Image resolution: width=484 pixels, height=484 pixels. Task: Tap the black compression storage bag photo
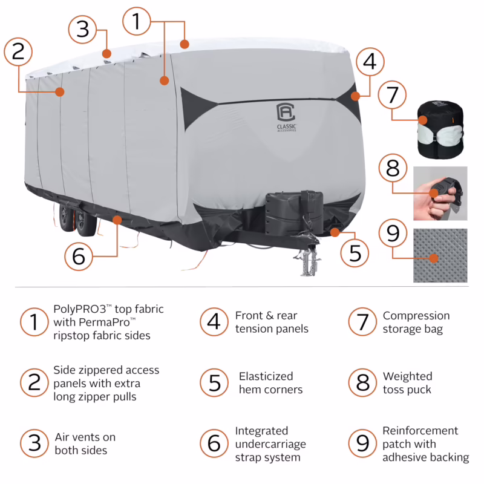pos(440,129)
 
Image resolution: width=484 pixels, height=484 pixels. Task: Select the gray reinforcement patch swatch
pos(440,255)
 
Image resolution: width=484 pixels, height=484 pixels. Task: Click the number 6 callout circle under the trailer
pos(79,257)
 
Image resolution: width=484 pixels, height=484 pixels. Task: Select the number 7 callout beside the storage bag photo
pos(393,96)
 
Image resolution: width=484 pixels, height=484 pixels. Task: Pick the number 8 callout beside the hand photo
pos(393,169)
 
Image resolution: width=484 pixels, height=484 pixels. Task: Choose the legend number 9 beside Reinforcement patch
pos(362,444)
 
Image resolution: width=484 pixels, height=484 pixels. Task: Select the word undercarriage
pos(270,444)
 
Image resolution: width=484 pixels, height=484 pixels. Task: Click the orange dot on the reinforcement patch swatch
pos(433,258)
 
